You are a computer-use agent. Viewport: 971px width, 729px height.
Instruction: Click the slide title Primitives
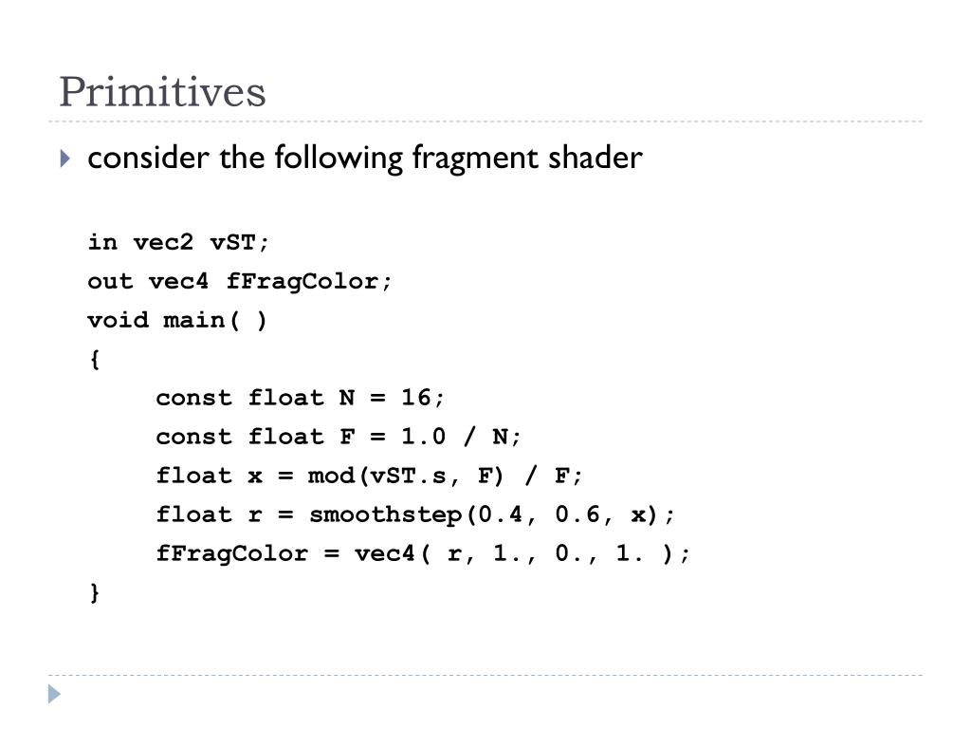(162, 92)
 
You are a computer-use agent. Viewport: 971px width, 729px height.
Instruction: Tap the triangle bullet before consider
(64, 159)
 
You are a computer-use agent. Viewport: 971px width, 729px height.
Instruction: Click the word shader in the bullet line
(595, 157)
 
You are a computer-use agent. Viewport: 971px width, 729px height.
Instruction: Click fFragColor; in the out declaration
(309, 281)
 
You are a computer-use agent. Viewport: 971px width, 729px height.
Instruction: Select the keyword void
(118, 320)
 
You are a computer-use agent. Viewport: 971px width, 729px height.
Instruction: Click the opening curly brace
(94, 359)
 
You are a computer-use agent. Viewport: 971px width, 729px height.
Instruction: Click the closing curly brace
(94, 592)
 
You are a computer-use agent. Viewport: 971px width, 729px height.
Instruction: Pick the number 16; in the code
(423, 398)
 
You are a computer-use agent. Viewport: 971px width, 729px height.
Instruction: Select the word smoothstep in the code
(386, 514)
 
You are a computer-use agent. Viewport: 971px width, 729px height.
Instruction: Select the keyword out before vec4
(110, 281)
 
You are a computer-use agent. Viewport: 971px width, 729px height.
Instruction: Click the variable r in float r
(255, 514)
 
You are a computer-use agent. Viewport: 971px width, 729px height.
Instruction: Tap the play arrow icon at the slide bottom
(55, 694)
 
